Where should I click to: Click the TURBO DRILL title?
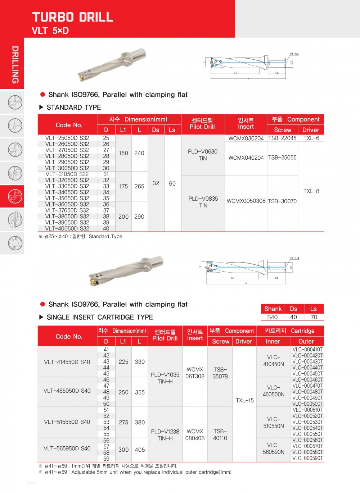73,17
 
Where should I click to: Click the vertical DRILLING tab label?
15,65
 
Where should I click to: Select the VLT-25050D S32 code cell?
67,138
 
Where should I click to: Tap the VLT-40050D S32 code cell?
67,228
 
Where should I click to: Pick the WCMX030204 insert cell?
246,138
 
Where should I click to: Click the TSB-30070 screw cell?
282,201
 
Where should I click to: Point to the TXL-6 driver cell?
311,138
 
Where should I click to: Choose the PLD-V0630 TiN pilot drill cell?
203,155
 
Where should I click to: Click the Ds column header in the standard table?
156,130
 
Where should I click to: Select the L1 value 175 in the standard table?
123,186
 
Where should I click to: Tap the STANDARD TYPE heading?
74,107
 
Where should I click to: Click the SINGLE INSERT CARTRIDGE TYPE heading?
100,317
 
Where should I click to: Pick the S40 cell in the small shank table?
273,317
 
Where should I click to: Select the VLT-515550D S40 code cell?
67,422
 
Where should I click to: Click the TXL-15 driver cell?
245,401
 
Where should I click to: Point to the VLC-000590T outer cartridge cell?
308,458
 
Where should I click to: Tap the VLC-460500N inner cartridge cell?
274,391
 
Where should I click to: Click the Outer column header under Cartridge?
306,341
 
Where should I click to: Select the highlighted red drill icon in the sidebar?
15,196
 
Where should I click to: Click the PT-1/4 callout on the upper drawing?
294,54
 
